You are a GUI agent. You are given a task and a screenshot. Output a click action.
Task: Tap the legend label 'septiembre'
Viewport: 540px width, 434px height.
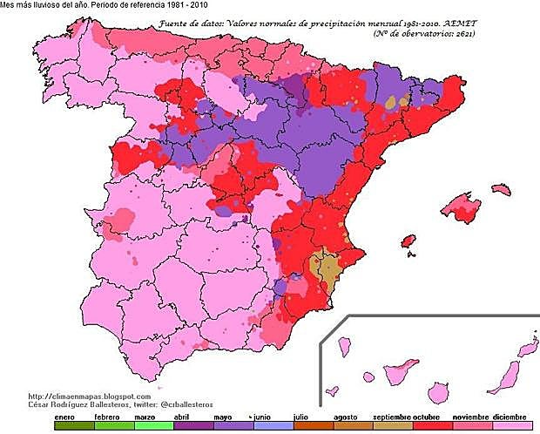tap(391, 417)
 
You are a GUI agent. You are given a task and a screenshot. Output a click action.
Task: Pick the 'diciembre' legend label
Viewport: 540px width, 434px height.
tap(510, 417)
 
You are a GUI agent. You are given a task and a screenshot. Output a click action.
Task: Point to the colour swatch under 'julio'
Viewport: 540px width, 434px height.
tap(300, 427)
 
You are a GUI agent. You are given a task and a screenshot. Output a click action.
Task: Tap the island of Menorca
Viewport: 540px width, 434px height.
tap(500, 187)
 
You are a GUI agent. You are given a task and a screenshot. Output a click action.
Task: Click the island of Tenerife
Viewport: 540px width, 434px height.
tap(397, 376)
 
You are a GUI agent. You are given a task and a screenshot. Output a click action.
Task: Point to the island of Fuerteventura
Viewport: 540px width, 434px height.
tap(503, 376)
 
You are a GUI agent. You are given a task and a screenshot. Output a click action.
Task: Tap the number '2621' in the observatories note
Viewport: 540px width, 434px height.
tap(462, 34)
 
